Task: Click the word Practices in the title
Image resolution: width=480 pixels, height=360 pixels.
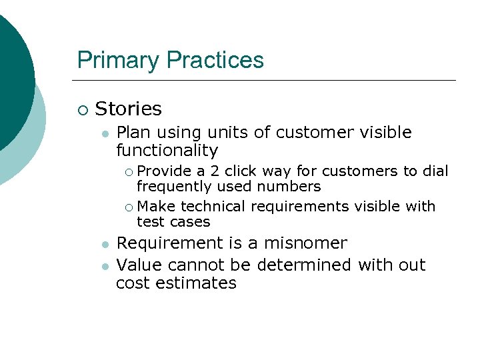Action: (x=215, y=61)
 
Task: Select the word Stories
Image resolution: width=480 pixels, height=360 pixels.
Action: (x=129, y=109)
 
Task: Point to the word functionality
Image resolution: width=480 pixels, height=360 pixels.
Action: (x=167, y=151)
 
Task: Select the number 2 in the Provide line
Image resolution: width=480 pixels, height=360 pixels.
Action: (x=215, y=171)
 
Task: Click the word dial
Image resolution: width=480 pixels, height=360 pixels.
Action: (x=435, y=171)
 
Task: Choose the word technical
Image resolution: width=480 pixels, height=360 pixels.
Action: (x=213, y=207)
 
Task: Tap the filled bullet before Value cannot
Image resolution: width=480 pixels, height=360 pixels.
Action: (x=104, y=266)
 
